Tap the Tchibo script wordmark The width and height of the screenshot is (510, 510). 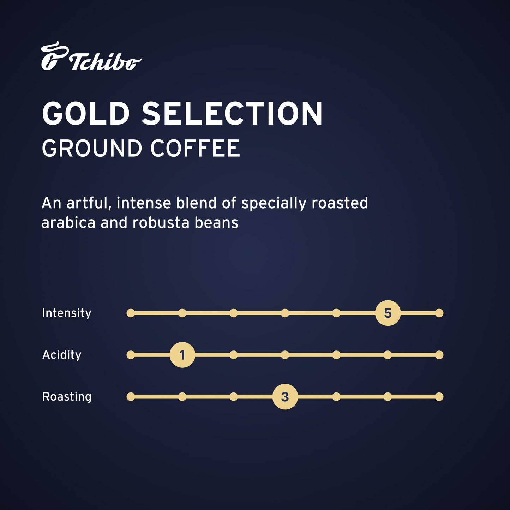pyautogui.click(x=106, y=62)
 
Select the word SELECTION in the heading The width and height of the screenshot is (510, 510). pyautogui.click(x=232, y=114)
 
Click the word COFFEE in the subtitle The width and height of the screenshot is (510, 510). pyautogui.click(x=196, y=148)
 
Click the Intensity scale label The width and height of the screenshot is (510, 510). pyautogui.click(x=67, y=313)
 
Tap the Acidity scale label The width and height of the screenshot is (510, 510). pyautogui.click(x=62, y=355)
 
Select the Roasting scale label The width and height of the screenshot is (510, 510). pyautogui.click(x=67, y=397)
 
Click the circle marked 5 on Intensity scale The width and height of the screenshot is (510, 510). pyautogui.click(x=388, y=313)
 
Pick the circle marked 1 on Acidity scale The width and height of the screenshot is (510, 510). pyautogui.click(x=182, y=355)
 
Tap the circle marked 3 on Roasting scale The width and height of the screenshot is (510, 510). pyautogui.click(x=285, y=397)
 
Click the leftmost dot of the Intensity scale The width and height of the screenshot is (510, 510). pyautogui.click(x=131, y=313)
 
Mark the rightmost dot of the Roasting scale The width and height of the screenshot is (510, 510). pyautogui.click(x=439, y=397)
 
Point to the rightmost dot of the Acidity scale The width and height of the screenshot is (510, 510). pyautogui.click(x=439, y=355)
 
